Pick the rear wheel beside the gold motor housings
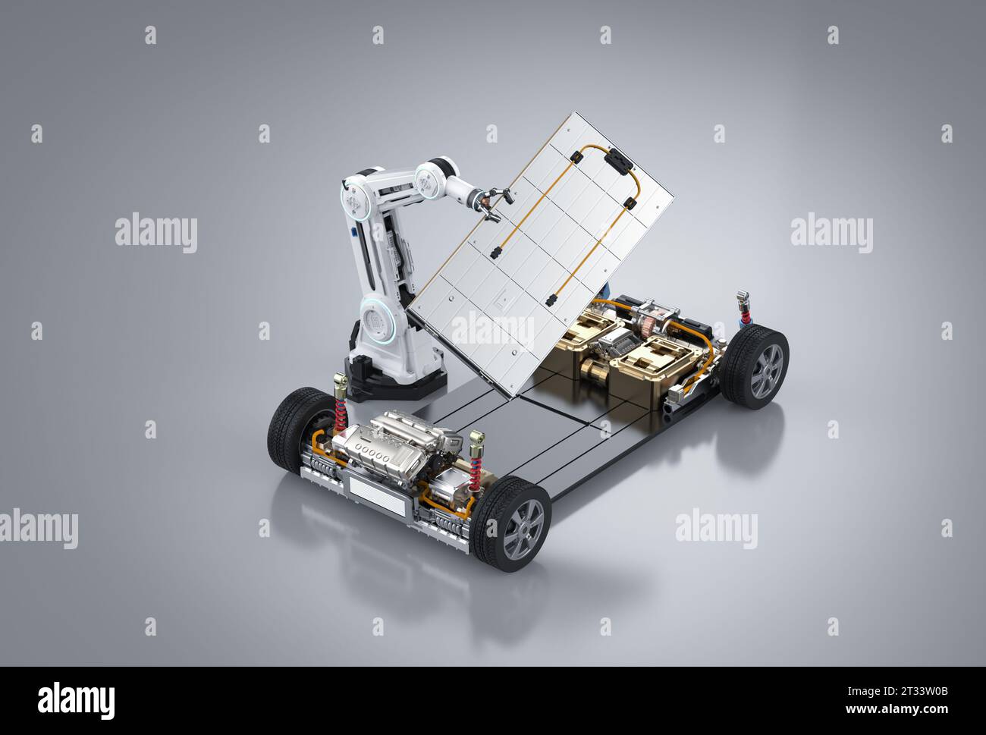pyautogui.click(x=754, y=366)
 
